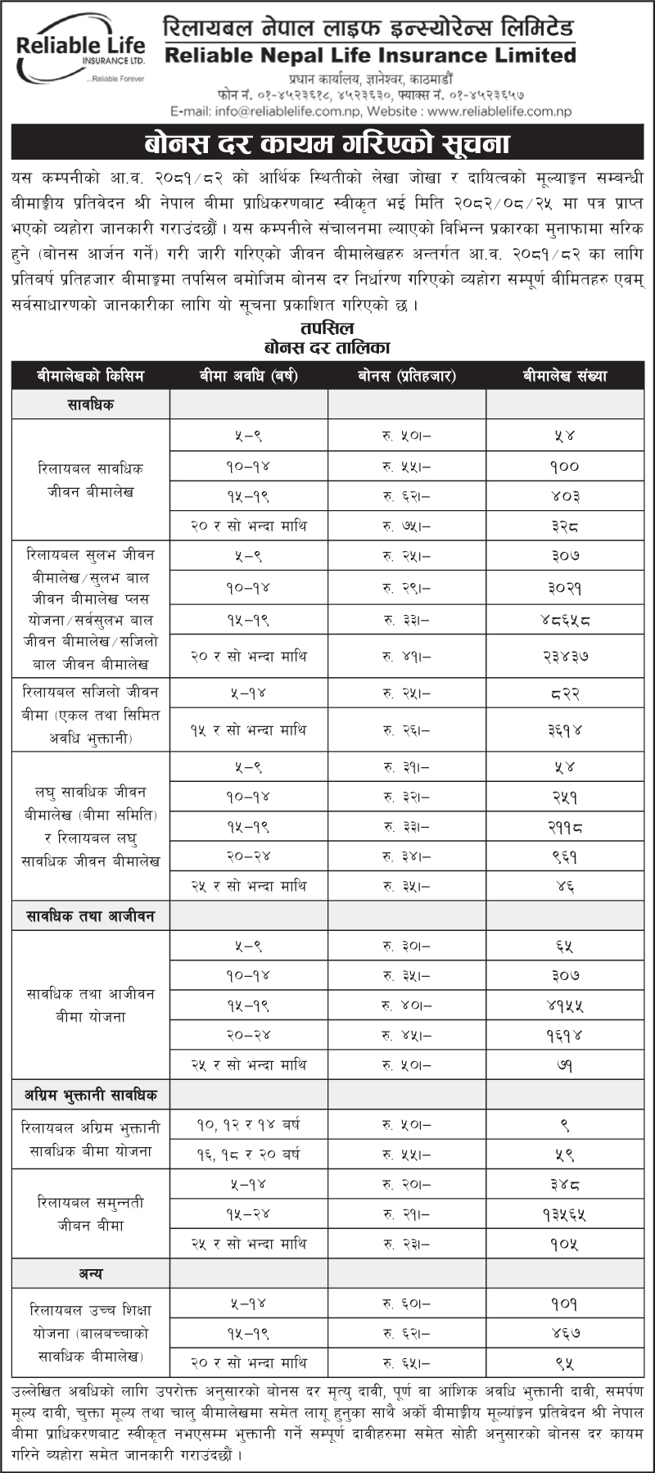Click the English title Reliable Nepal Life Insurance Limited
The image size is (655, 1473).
370,56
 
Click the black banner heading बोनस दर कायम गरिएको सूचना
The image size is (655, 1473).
327,144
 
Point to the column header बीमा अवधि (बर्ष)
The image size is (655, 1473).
248,376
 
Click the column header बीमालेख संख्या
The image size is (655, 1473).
565,376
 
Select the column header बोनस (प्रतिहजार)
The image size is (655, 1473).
406,376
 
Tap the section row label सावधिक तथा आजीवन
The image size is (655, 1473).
90,915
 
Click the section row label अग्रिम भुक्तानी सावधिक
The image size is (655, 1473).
90,1095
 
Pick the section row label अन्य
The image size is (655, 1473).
90,1274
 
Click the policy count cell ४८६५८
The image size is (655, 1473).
565,620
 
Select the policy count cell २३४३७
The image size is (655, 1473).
565,656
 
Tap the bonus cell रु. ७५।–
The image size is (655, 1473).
406,526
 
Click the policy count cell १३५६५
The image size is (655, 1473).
565,1214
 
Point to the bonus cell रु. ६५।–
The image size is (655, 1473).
406,1363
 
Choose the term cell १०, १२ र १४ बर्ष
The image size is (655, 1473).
248,1125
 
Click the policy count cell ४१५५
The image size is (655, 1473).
565,1005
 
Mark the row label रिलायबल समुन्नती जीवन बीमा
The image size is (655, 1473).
90,1213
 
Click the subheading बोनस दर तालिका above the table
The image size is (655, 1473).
327,347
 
